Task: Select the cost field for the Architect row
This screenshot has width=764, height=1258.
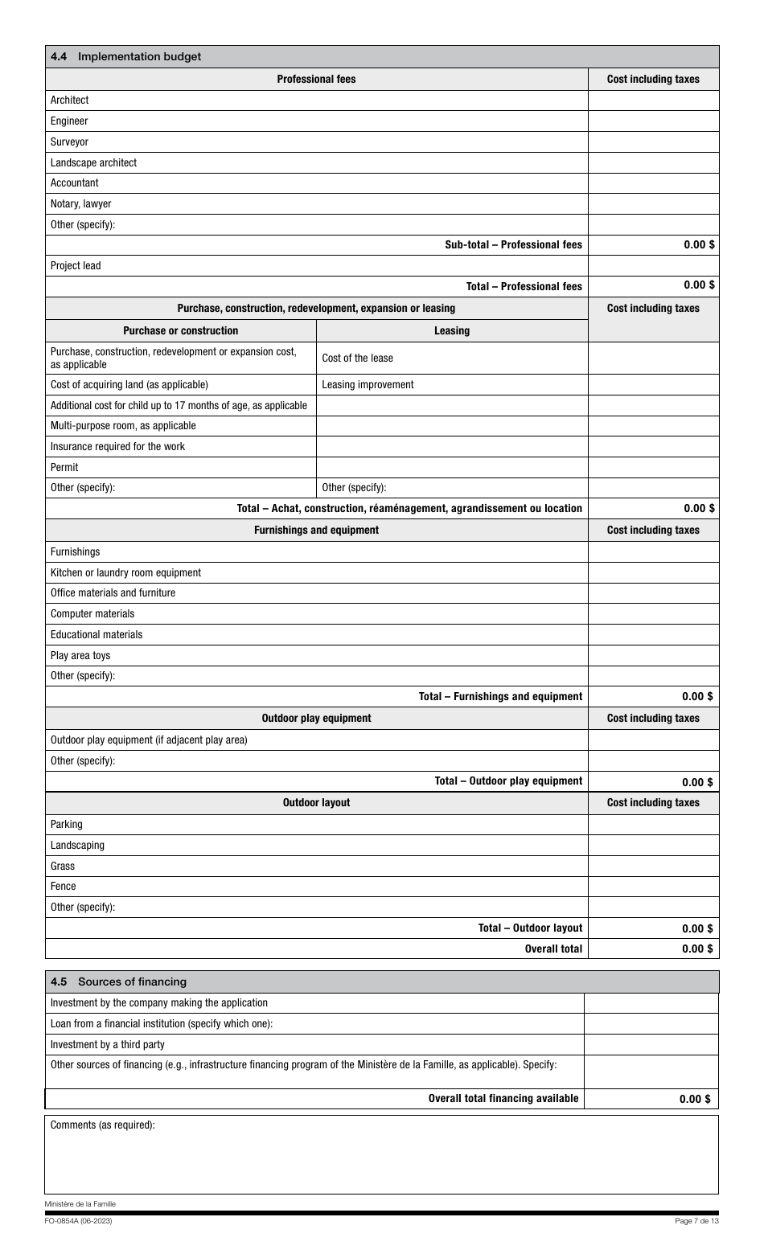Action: [x=653, y=100]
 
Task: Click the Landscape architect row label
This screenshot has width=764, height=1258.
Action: [x=93, y=162]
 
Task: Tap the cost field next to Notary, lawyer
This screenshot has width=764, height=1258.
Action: [x=653, y=204]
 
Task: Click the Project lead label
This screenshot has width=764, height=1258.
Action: [x=76, y=266]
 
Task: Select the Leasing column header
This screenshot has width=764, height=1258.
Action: [x=452, y=330]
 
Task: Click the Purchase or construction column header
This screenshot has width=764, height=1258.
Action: [x=181, y=330]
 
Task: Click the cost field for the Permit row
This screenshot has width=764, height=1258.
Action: [x=653, y=468]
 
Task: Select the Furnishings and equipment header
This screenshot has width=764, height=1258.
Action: [x=316, y=530]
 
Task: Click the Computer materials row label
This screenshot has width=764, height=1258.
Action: [x=92, y=614]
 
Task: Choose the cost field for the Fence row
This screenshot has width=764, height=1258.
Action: [x=653, y=887]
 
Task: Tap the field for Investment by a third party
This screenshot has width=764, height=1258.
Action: [x=651, y=1045]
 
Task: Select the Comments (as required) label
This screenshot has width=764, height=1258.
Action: [x=102, y=1125]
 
